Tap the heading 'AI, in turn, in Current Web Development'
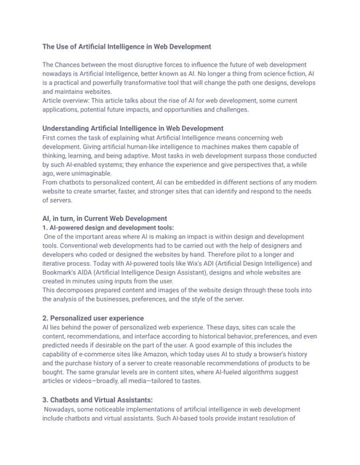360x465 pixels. point(105,218)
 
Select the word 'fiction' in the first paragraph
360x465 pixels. point(289,74)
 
